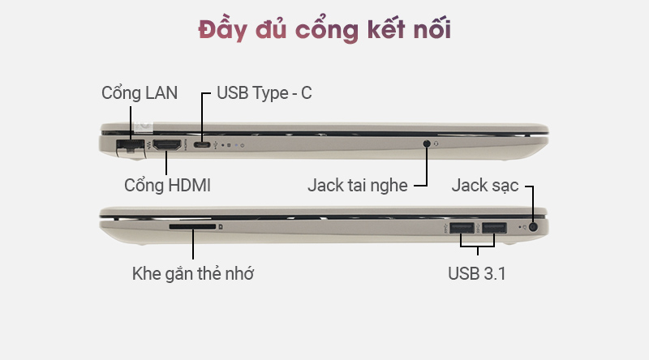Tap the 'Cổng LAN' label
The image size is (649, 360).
140,92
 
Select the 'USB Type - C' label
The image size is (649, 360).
264,92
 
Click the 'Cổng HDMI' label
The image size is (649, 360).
167,185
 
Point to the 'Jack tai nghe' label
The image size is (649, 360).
358,185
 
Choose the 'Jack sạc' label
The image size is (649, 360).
485,186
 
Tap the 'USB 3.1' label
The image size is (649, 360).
477,273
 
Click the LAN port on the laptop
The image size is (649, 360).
130,146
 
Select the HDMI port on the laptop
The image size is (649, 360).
167,146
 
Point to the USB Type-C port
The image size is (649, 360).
203,146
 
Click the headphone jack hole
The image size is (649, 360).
428,144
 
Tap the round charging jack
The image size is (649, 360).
533,228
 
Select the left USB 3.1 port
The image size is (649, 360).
461,228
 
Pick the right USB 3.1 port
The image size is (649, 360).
494,228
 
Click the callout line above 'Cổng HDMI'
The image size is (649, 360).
167,163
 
